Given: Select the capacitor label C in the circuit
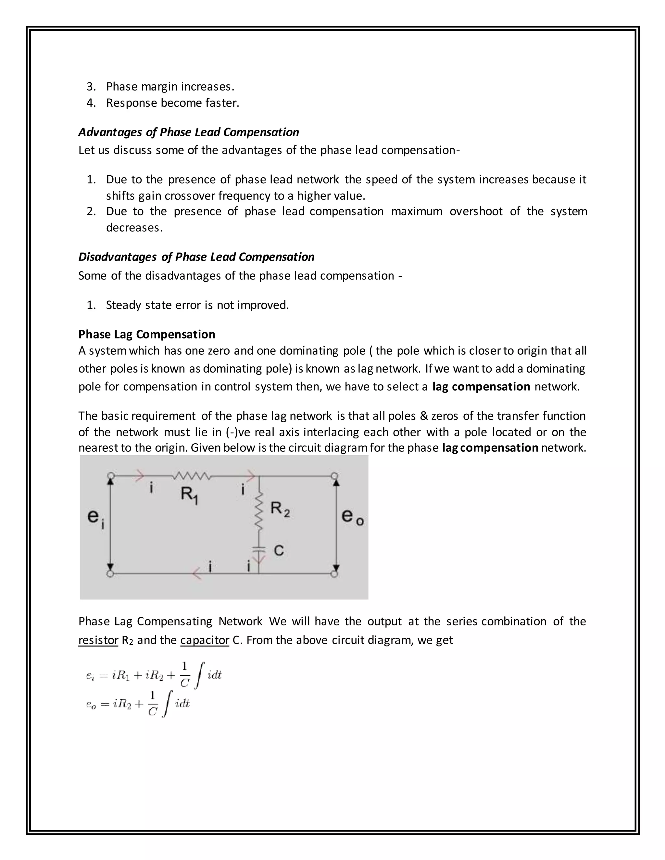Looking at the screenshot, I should pyautogui.click(x=279, y=550).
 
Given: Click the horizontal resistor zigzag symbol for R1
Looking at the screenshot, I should pyautogui.click(x=192, y=476).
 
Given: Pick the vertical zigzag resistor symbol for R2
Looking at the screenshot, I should pyautogui.click(x=259, y=512).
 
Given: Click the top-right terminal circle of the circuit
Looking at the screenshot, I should pyautogui.click(x=334, y=476).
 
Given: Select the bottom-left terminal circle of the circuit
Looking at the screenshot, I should pyautogui.click(x=110, y=574).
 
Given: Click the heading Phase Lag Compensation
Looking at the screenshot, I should pyautogui.click(x=146, y=334).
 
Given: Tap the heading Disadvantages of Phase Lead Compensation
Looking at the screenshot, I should pyautogui.click(x=196, y=257).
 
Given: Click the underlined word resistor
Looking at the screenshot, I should pyautogui.click(x=98, y=640).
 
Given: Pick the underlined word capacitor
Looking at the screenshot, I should pyautogui.click(x=205, y=640).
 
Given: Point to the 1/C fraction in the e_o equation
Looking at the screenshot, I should pyautogui.click(x=153, y=703).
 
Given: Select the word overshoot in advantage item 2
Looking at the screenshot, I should pyautogui.click(x=476, y=212).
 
